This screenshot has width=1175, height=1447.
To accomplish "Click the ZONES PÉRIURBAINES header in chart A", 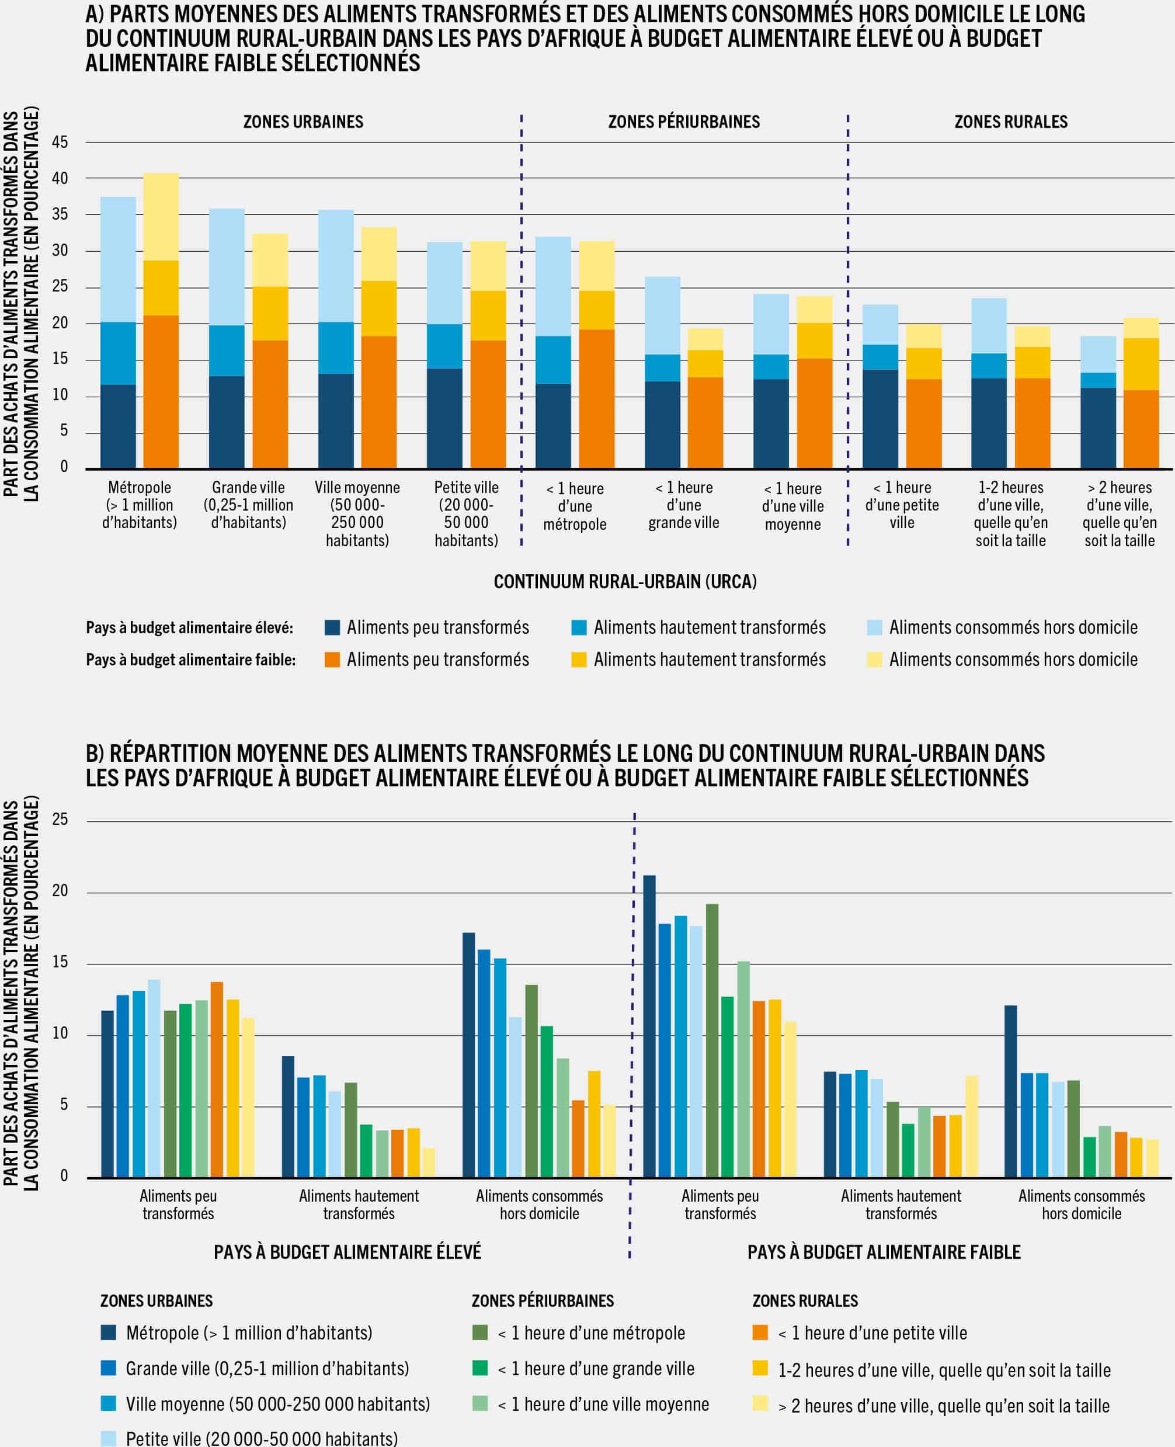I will point(684,122).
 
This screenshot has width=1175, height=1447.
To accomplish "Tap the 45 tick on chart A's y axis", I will point(60,142).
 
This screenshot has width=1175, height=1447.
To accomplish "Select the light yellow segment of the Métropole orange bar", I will point(161,216).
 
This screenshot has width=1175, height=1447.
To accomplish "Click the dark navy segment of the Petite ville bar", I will point(444,418).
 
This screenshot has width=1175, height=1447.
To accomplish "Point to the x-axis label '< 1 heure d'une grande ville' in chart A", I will point(684,505).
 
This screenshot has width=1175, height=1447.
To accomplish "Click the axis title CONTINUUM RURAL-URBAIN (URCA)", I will point(625,582).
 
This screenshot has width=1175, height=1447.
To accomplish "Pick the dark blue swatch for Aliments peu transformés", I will point(332,627).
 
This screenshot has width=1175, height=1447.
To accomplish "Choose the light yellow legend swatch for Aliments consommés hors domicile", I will point(874,660).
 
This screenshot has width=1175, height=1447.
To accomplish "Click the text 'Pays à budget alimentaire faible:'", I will point(190,660).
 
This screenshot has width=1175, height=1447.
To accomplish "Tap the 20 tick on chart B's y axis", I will point(60,891).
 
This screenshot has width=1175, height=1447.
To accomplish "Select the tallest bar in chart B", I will point(649,1026).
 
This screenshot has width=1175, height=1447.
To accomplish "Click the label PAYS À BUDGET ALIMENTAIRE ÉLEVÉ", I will point(347,1252).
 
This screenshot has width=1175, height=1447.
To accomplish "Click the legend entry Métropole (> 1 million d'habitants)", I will point(248,1333).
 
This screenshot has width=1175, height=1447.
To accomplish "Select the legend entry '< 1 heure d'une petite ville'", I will point(872,1333).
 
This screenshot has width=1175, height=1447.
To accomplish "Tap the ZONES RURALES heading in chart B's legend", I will point(805,1301).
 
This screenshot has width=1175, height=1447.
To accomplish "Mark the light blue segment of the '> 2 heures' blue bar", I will point(1098,353).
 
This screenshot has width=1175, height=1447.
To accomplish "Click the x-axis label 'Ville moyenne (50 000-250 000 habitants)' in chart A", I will point(357,513).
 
